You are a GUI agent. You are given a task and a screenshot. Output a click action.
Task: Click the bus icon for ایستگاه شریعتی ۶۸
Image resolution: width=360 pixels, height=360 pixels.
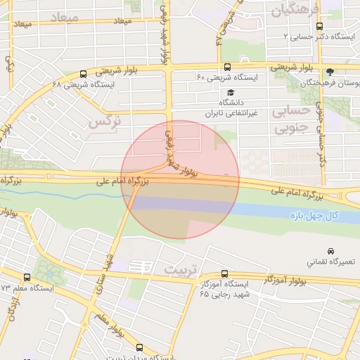pyautogui.click(x=84, y=74)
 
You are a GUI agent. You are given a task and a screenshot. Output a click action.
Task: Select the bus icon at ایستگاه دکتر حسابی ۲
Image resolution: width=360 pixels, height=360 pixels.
pyautogui.click(x=319, y=26)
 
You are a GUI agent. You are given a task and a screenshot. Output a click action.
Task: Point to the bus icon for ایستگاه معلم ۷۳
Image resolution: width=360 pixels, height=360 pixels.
pyautogui.click(x=27, y=278)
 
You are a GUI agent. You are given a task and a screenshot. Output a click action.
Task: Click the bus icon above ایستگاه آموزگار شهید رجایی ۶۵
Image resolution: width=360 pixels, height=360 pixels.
pyautogui.click(x=224, y=274)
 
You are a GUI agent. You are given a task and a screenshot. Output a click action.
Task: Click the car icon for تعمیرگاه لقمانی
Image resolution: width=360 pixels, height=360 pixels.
pyautogui.click(x=330, y=251)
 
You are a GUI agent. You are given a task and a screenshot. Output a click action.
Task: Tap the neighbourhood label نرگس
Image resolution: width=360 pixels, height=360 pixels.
pyautogui.click(x=105, y=121)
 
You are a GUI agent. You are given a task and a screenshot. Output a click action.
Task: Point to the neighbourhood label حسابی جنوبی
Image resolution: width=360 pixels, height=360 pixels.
pyautogui.click(x=290, y=120)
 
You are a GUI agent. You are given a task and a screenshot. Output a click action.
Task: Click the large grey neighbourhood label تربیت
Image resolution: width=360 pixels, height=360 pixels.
pyautogui.click(x=182, y=270)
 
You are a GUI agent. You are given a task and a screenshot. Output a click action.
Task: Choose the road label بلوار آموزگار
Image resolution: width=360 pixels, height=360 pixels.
pyautogui.click(x=288, y=280)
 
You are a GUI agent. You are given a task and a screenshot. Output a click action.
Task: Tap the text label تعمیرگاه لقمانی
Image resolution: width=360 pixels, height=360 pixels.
pyautogui.click(x=330, y=262)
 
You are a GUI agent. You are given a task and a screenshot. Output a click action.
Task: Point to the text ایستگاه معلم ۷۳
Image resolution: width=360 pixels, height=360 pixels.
pyautogui.click(x=27, y=288)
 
